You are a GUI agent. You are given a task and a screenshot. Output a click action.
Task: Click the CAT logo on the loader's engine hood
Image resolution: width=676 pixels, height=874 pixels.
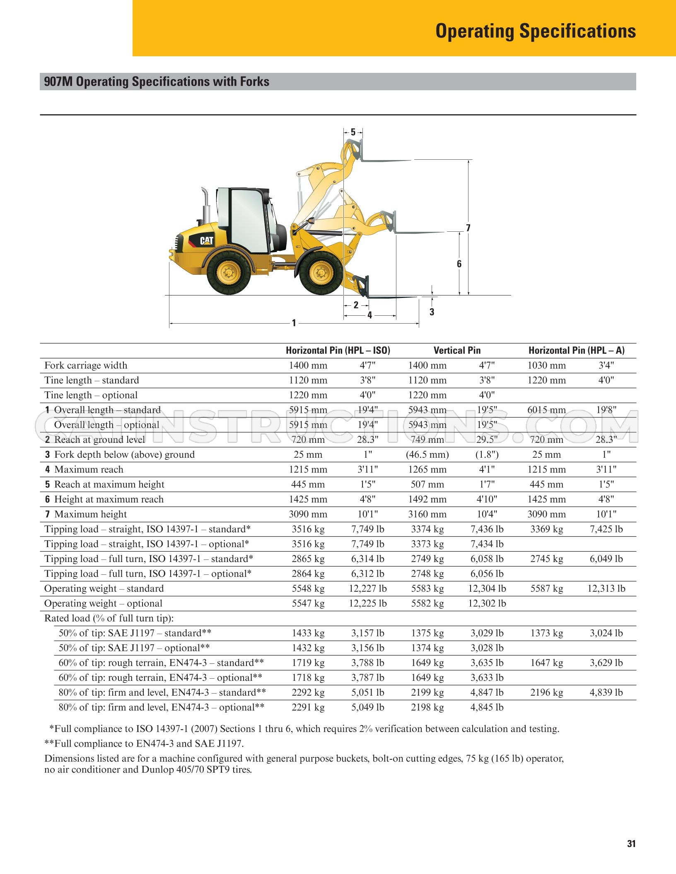[207, 240]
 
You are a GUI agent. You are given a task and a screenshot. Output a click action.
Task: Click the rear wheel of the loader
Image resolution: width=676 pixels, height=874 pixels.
[229, 273]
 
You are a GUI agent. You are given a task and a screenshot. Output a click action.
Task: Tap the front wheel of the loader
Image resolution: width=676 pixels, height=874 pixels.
[321, 273]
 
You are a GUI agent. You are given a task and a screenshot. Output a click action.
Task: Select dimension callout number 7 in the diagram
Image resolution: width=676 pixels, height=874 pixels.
[468, 228]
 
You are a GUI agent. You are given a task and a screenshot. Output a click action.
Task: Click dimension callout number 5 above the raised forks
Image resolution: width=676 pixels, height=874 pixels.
[353, 132]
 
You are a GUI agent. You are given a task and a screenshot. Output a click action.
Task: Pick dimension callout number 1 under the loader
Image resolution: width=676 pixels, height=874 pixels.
[294, 323]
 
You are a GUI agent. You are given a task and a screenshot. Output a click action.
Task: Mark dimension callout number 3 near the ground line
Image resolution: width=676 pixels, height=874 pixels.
[432, 312]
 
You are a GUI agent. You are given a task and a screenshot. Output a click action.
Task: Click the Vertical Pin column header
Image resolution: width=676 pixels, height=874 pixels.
[457, 351]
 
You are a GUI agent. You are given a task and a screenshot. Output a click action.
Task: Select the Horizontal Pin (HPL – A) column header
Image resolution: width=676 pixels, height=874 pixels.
[576, 351]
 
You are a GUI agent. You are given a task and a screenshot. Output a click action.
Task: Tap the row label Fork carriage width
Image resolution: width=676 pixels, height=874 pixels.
[86, 365]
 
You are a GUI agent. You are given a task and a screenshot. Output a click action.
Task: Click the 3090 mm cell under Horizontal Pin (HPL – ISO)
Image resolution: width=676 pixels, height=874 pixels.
[308, 514]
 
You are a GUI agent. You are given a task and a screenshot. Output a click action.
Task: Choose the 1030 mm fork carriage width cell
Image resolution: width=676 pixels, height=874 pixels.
[546, 365]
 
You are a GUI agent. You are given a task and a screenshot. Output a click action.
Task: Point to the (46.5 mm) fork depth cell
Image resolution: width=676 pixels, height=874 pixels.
[427, 455]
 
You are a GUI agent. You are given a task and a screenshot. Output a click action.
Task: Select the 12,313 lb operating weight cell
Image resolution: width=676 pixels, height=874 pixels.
[606, 588]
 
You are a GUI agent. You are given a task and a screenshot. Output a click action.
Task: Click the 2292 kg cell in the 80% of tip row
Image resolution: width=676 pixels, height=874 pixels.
[308, 693]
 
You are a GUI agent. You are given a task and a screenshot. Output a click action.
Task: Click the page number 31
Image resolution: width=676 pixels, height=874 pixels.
[631, 844]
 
